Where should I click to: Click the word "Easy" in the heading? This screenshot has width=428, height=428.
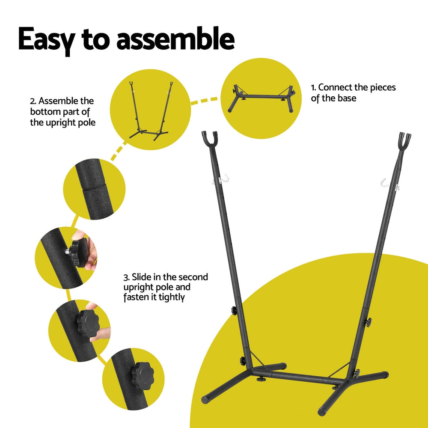click(x=45, y=39)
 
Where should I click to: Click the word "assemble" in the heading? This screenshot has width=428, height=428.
click(x=175, y=39)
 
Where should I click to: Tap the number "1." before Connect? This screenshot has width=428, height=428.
click(x=314, y=88)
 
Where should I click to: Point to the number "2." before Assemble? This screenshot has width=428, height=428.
click(x=33, y=101)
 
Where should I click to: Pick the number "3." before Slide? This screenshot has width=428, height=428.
click(x=127, y=277)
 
